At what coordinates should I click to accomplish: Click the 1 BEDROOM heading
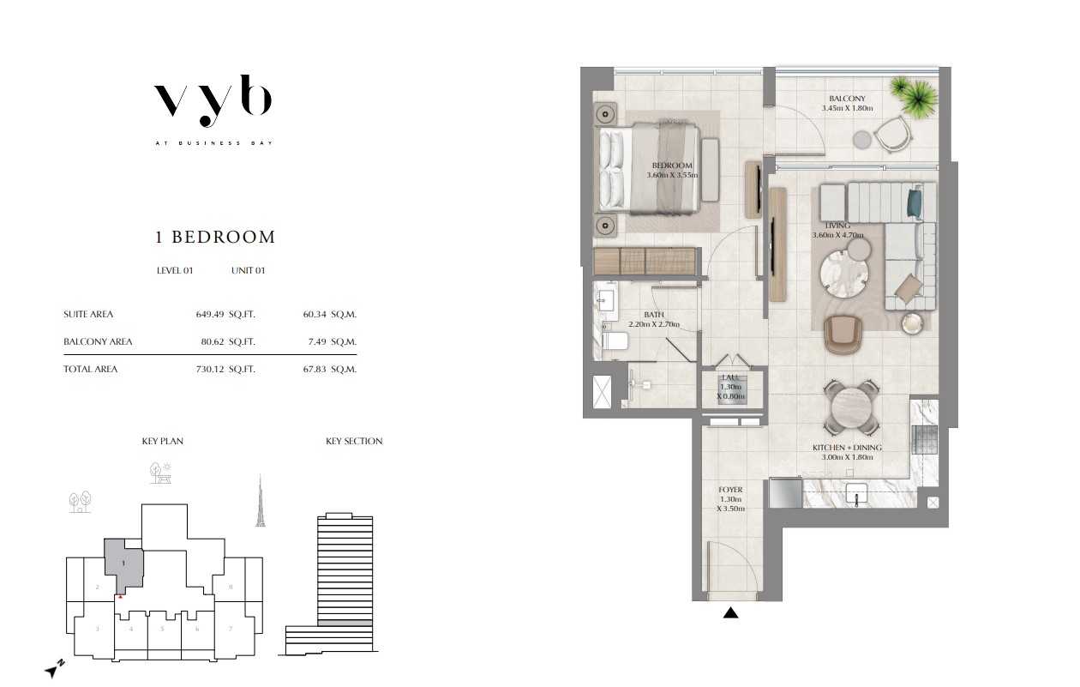point(215,237)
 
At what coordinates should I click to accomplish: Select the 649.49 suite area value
point(210,314)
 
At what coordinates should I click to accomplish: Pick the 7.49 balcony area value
point(317,341)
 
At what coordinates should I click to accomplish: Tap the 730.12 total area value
point(210,369)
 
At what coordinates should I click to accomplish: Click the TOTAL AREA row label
point(90,369)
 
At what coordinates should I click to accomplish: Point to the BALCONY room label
point(847,99)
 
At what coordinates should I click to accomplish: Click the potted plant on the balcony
point(914,95)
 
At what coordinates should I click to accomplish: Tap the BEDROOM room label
point(672,166)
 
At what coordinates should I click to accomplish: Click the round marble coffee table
point(844,274)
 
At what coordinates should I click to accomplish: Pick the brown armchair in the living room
point(843,334)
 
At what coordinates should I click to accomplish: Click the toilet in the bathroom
point(615,341)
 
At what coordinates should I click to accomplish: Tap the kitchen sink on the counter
point(857,495)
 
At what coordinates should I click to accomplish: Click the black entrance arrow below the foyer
point(731,612)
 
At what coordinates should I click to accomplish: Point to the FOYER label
point(730,490)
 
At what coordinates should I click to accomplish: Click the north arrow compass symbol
point(54,669)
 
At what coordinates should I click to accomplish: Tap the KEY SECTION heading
point(354,441)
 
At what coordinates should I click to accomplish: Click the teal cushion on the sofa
point(915,203)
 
